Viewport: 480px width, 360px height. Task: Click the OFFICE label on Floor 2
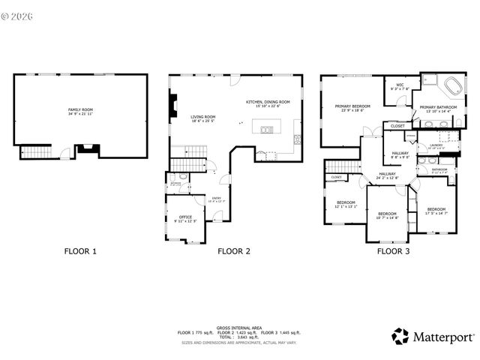click(185, 217)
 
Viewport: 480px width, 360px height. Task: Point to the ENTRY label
click(216, 198)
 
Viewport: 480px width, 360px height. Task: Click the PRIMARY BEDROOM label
click(352, 107)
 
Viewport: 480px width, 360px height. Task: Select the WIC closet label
click(400, 85)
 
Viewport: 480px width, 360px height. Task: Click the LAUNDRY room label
click(436, 145)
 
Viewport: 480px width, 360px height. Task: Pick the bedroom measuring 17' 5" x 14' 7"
click(436, 209)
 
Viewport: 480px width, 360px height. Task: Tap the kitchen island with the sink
click(267, 130)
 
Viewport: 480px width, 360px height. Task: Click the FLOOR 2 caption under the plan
click(234, 252)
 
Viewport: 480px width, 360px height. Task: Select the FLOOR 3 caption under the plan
click(392, 252)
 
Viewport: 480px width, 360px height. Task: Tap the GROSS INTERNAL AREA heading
click(239, 328)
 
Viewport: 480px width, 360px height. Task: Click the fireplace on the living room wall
click(173, 101)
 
